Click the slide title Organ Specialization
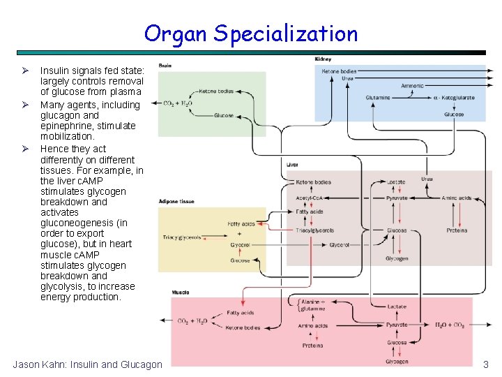[250, 33]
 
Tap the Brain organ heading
[165, 65]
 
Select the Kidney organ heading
[323, 59]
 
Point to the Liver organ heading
[292, 164]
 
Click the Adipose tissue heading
[176, 201]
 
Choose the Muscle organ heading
[180, 291]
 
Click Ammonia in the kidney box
[412, 86]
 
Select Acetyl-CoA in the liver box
[308, 198]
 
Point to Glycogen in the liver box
[397, 258]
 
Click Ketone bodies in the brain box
[216, 91]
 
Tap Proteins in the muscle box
[312, 346]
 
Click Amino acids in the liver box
[457, 198]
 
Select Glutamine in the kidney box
[378, 98]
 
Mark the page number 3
[486, 364]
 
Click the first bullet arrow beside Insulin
[24, 71]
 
